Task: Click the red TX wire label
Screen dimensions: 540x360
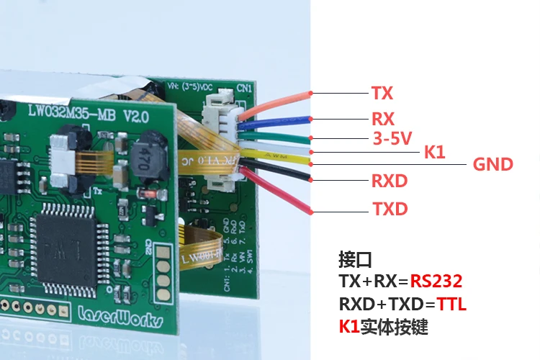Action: click(x=382, y=93)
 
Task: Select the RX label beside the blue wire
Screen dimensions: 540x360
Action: click(x=383, y=118)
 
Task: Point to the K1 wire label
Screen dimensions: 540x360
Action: click(x=434, y=152)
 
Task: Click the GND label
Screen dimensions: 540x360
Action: click(x=492, y=164)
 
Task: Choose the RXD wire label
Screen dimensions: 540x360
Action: click(x=389, y=180)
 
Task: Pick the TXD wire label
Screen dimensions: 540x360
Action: click(x=390, y=210)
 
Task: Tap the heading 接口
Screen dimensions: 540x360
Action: click(x=355, y=259)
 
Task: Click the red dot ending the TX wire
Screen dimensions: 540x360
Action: click(x=310, y=93)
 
